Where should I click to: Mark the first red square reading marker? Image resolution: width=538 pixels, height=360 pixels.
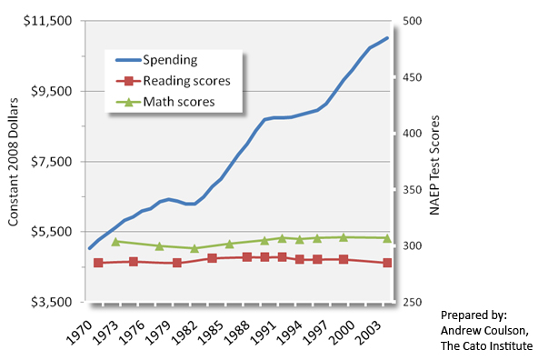[98, 263]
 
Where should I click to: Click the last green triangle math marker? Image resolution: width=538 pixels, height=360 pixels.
[387, 238]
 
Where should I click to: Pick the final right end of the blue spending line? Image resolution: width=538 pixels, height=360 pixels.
[388, 38]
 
